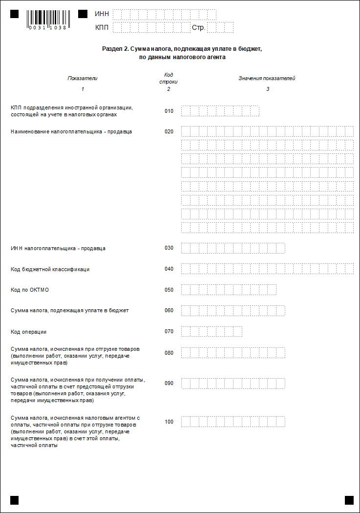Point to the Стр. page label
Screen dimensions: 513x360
[x=198, y=27]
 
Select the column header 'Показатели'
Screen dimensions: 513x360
[x=83, y=78]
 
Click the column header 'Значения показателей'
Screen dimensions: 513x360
[x=267, y=78]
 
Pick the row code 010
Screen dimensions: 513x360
[x=169, y=111]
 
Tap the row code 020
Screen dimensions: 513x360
[x=169, y=131]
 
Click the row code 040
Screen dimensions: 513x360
[x=169, y=269]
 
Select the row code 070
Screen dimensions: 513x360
[x=169, y=332]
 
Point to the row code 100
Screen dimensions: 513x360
[x=169, y=422]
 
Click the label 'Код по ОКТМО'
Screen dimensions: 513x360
[x=30, y=290]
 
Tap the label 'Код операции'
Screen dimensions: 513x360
[x=28, y=332]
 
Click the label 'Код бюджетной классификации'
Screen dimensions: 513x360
[x=50, y=269]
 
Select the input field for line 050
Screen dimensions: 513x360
[x=229, y=290]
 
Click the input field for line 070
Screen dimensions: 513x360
[x=212, y=332]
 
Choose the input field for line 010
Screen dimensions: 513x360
[x=220, y=111]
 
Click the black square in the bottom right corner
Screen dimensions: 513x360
[x=349, y=500]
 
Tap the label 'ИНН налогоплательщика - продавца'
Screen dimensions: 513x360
[x=58, y=248]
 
